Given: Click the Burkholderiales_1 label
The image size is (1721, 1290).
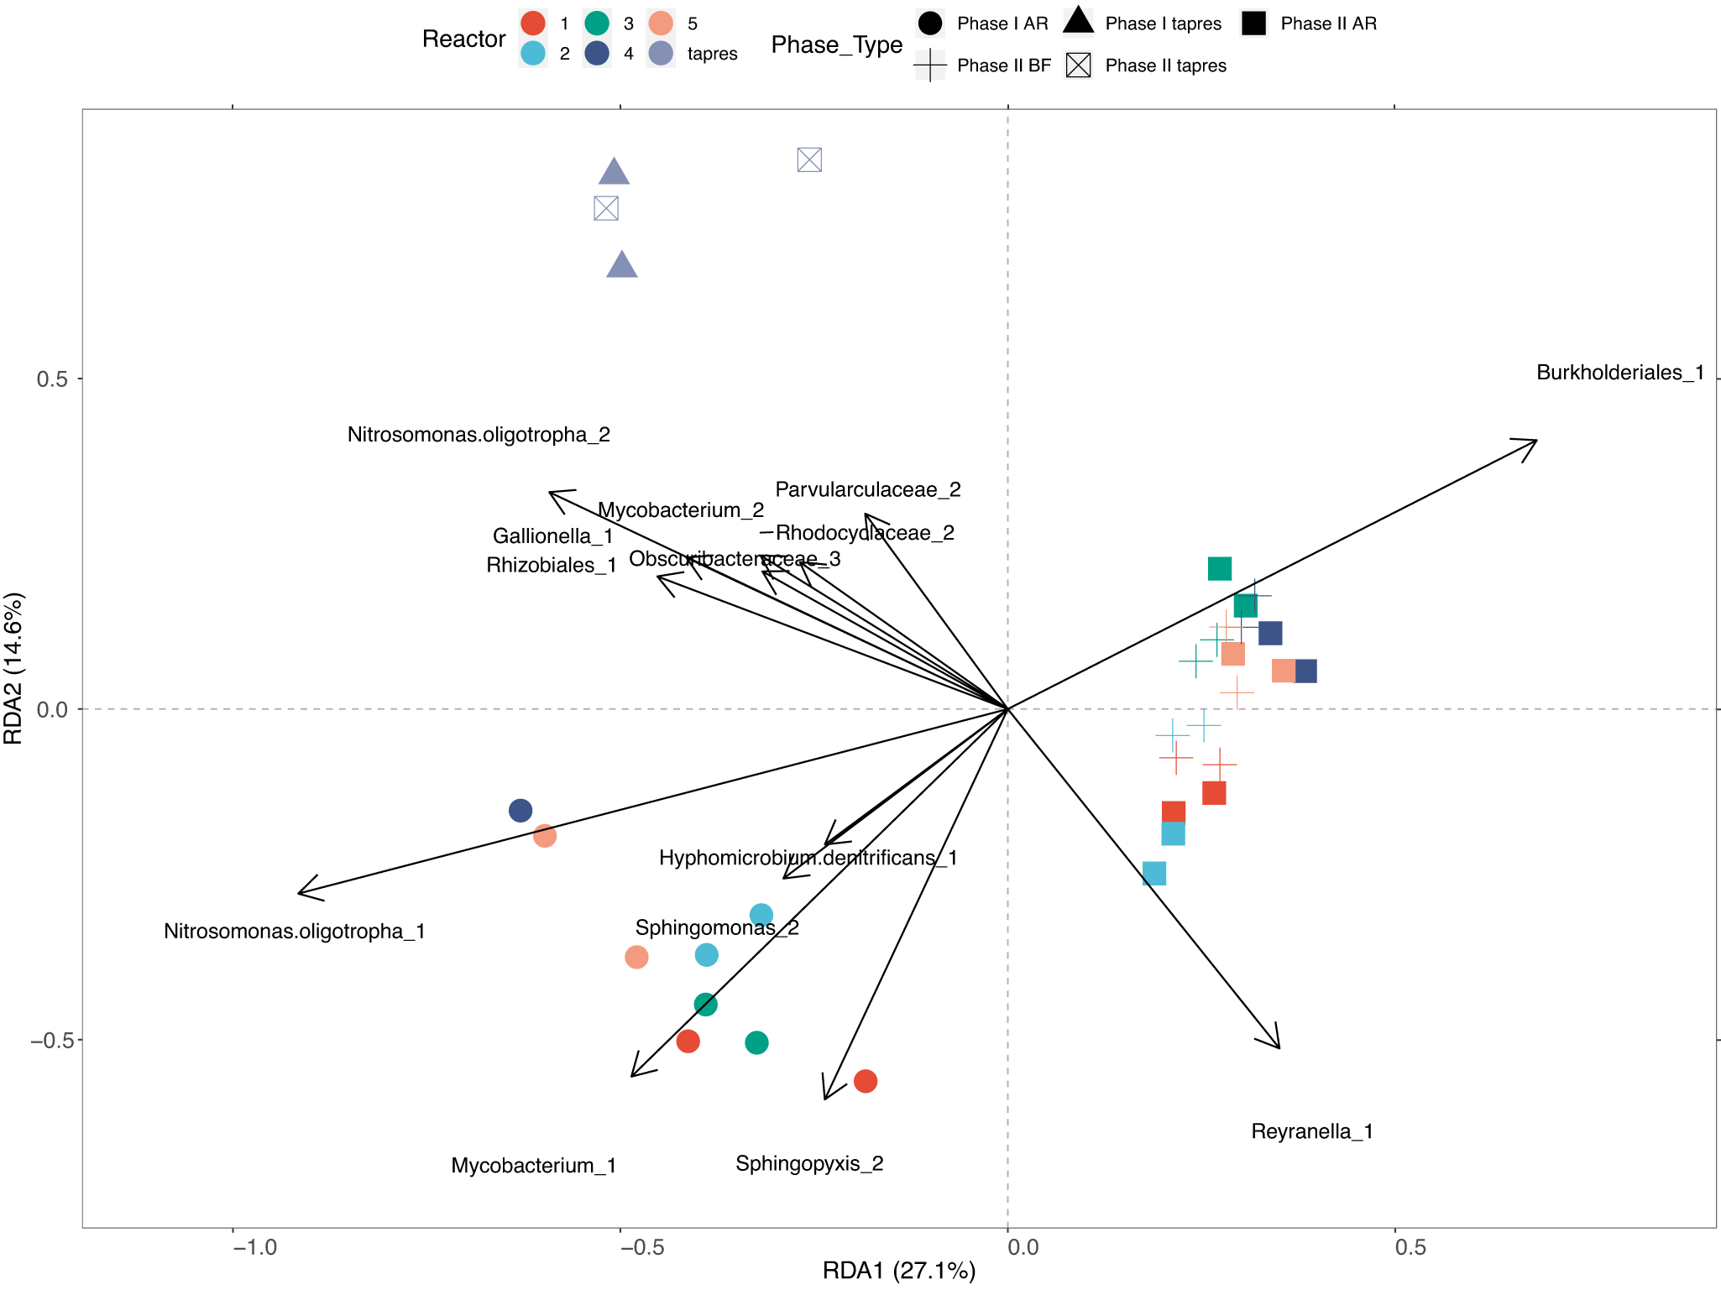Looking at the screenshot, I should point(1619,373).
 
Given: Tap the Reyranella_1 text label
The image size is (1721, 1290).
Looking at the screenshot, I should point(1311,1131).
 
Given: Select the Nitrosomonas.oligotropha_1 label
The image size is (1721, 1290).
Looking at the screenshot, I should point(294,931).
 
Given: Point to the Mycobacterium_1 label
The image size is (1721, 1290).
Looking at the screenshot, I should point(533,1165).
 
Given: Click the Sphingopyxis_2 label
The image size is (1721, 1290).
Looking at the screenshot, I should point(809,1163).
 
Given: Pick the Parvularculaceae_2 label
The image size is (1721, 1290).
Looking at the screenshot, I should point(867,489).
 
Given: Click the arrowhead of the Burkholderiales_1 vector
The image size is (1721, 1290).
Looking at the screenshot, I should point(1535,441).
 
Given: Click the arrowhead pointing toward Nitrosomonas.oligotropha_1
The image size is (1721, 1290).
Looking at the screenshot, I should point(301,893).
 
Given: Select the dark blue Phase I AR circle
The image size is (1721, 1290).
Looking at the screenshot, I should point(520,811).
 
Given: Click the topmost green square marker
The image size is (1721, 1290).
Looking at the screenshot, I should point(1219,569).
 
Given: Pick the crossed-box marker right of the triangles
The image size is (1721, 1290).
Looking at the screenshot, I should point(809,159).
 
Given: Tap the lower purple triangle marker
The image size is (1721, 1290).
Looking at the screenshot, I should point(622,265).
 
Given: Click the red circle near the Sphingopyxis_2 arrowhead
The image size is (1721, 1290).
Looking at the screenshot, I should point(866,1081).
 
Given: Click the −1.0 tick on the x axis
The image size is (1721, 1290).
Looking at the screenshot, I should point(254,1247).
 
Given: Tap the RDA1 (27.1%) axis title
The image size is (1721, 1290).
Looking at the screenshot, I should point(898,1271).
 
